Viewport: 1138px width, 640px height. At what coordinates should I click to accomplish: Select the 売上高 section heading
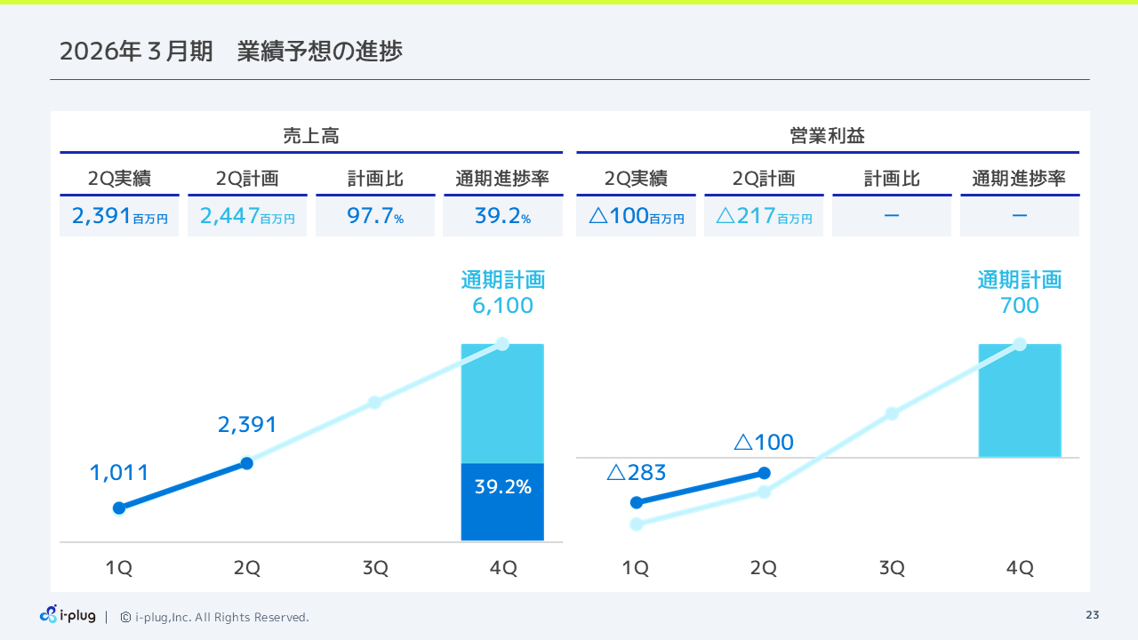[x=311, y=136]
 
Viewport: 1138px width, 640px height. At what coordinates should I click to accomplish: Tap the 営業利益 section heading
[x=827, y=136]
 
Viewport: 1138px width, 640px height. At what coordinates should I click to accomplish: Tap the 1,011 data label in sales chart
[x=119, y=473]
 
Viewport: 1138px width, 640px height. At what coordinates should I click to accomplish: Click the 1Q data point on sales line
[x=119, y=508]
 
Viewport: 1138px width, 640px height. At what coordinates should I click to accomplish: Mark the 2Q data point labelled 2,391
[x=247, y=463]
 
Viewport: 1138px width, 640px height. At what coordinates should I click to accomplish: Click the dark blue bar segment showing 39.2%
[x=502, y=502]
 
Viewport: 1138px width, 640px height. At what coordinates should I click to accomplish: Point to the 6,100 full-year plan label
[x=502, y=306]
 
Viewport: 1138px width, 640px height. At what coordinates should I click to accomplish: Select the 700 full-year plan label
[x=1019, y=306]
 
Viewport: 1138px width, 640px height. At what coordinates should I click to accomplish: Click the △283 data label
[x=636, y=473]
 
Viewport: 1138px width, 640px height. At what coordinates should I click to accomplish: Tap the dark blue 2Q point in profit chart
[x=764, y=474]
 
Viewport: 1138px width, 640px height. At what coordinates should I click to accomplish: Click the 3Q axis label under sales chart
[x=375, y=569]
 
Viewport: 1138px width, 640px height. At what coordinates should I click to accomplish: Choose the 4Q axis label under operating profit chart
[x=1019, y=569]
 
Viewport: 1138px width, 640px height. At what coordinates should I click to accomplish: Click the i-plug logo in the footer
[x=68, y=615]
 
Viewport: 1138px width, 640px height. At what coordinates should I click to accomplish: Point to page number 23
[x=1092, y=615]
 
